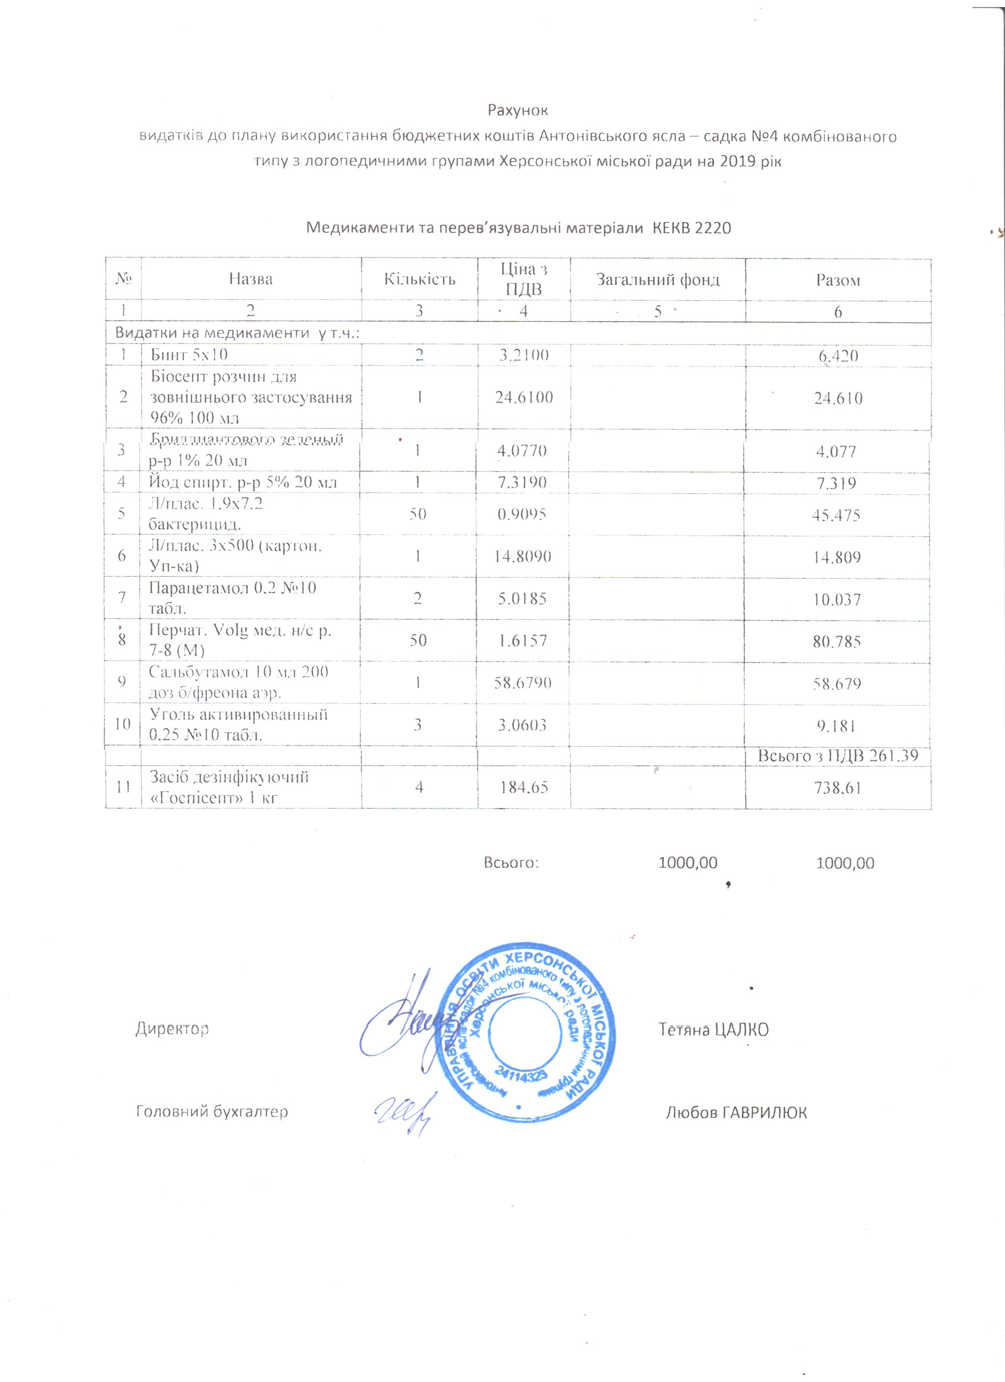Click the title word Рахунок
tap(517, 110)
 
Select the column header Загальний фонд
tap(658, 280)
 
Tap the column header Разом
tap(838, 280)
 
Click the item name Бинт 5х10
tap(190, 355)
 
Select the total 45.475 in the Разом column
tap(836, 515)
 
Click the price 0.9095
tap(522, 514)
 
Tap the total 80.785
tap(836, 641)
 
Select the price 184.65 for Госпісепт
tap(523, 787)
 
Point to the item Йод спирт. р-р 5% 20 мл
tap(242, 482)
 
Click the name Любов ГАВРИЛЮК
tap(736, 1113)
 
